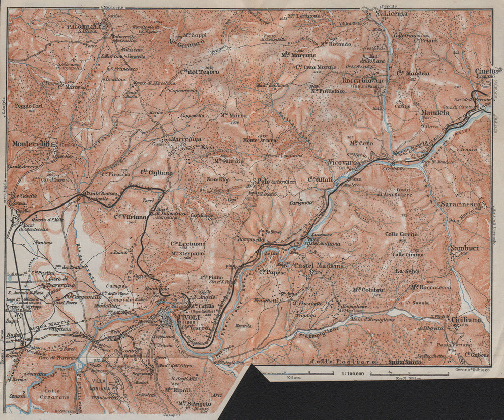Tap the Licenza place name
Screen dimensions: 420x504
[x=395, y=13]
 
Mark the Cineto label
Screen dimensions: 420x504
[x=485, y=71]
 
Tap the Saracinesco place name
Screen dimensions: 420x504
[x=462, y=204]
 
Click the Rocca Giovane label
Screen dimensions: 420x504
[x=363, y=80]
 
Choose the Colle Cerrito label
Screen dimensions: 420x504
[x=401, y=234]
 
